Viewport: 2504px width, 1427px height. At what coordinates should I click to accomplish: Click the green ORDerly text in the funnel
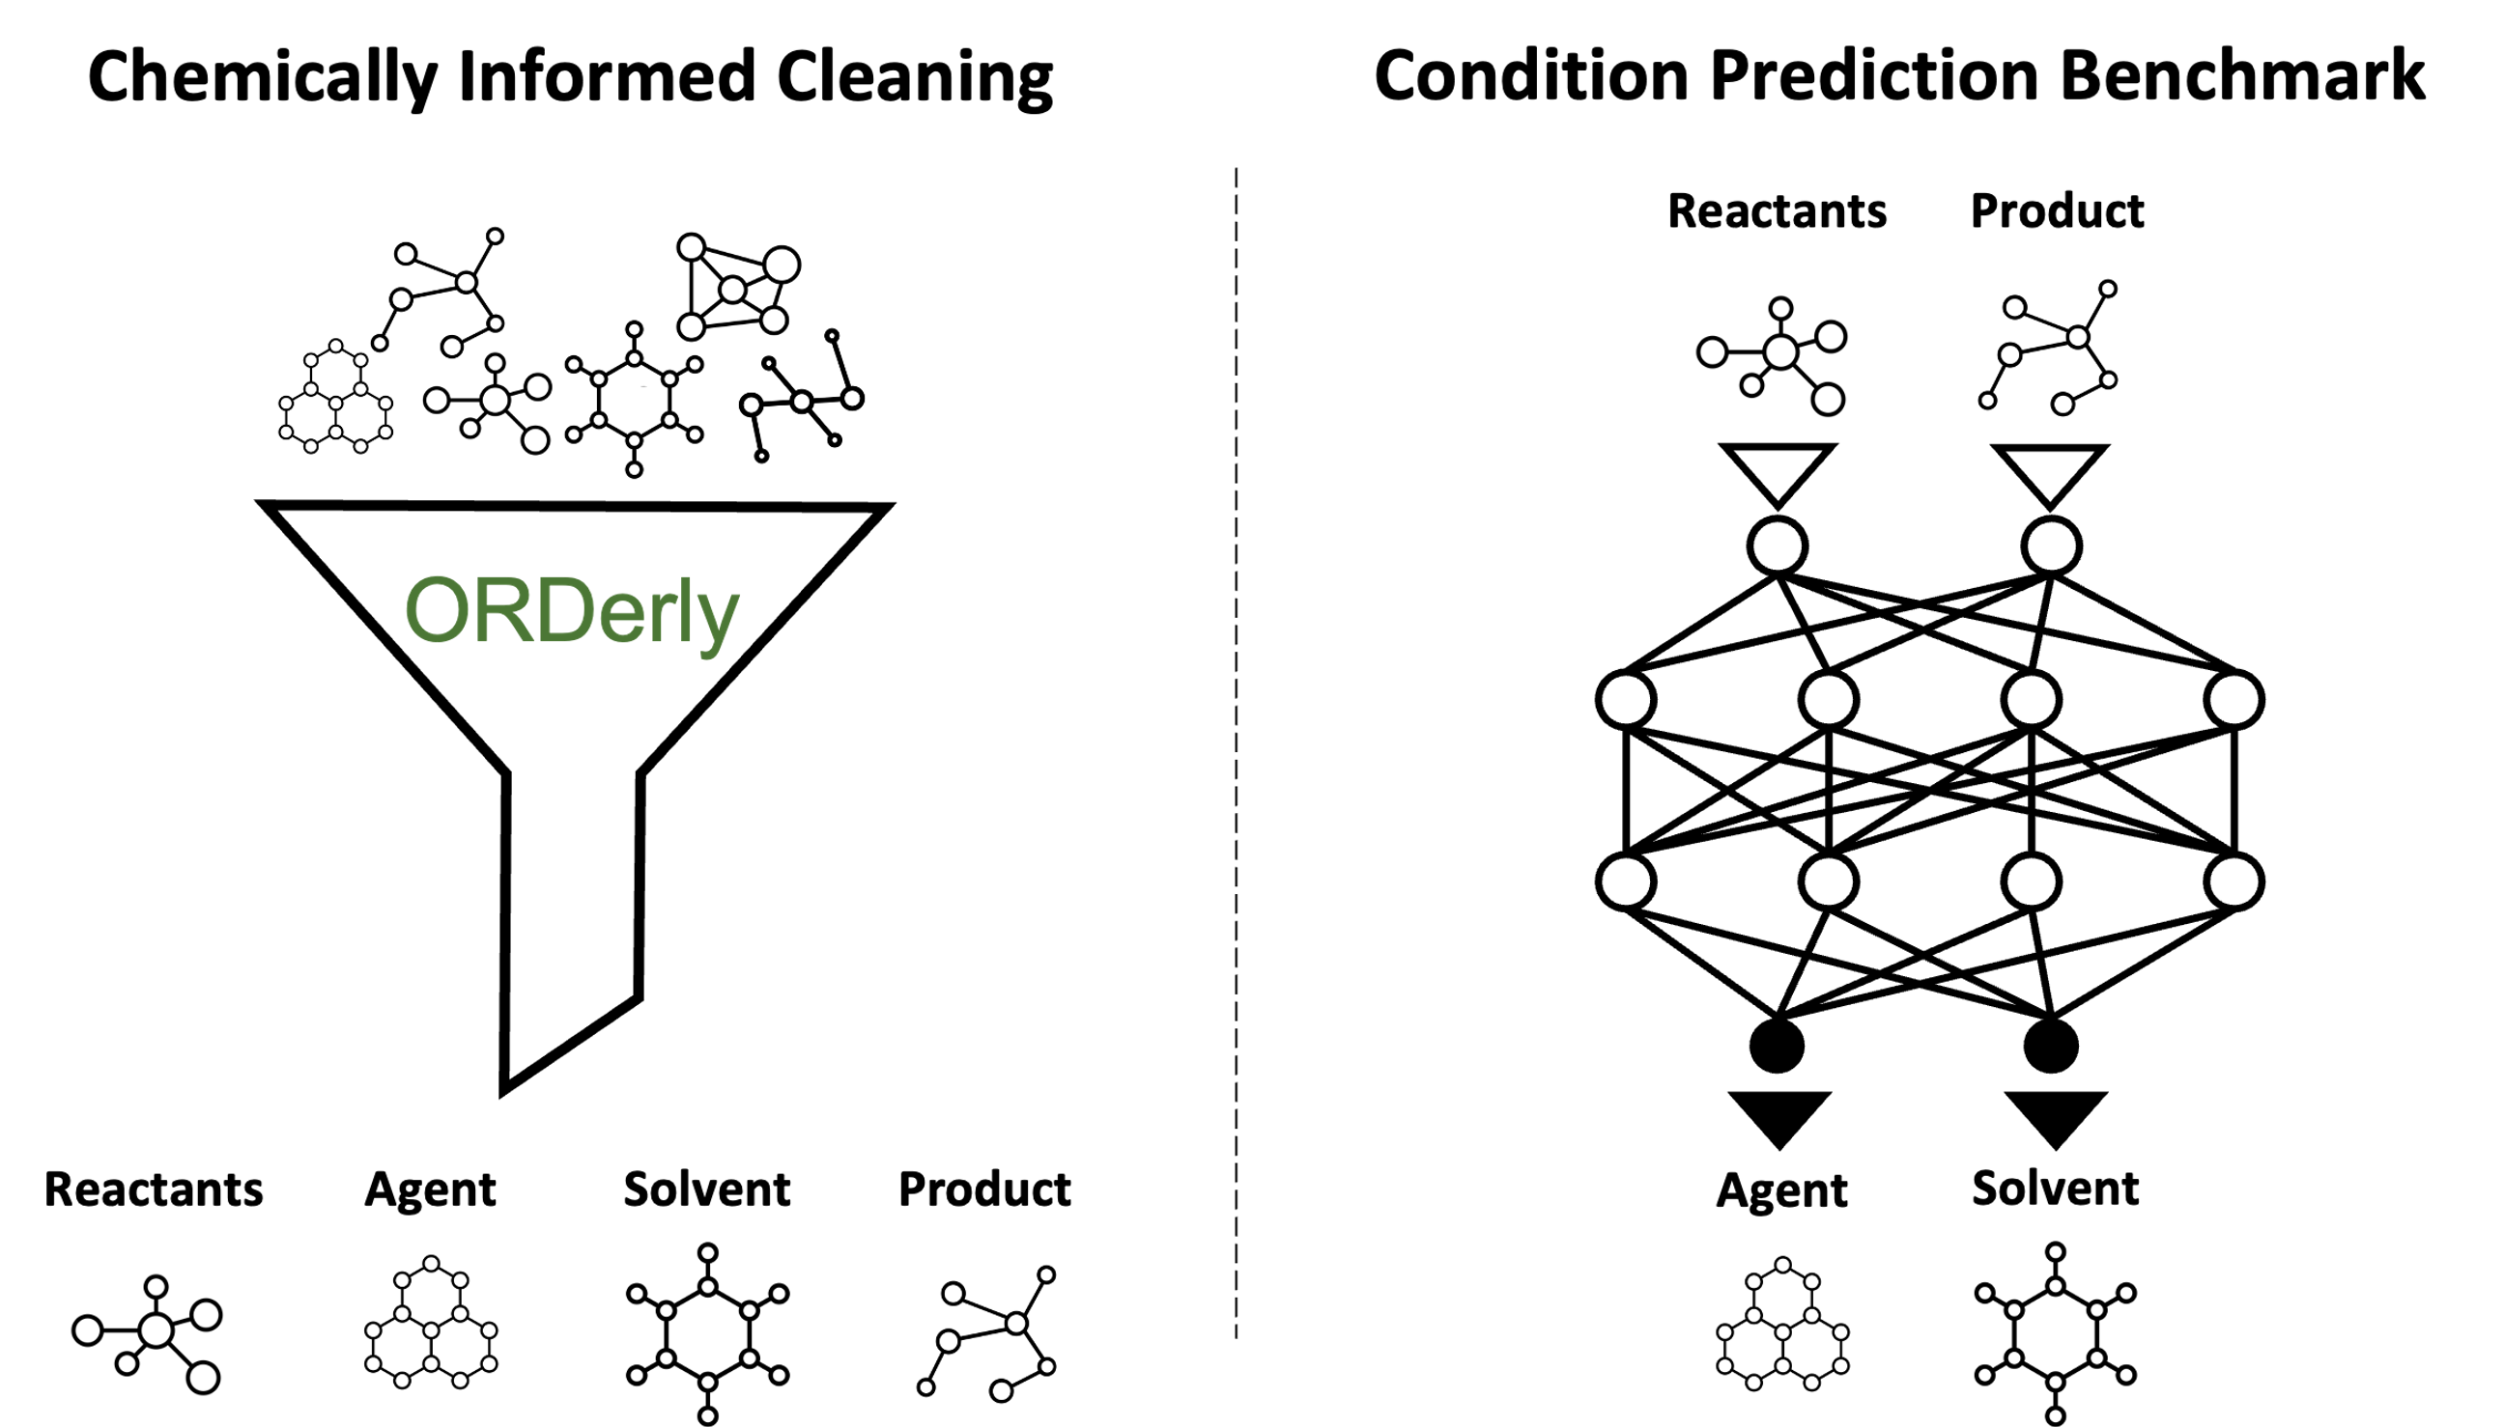point(572,610)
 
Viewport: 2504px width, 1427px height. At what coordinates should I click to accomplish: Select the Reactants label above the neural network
point(1777,210)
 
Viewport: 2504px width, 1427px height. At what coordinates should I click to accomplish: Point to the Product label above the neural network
point(2057,210)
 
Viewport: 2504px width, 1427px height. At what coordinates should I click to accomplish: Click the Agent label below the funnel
point(431,1189)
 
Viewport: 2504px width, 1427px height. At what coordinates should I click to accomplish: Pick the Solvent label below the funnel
point(707,1189)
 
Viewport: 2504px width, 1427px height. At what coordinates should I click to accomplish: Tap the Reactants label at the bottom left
point(154,1189)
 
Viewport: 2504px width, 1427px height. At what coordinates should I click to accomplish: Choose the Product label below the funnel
point(984,1189)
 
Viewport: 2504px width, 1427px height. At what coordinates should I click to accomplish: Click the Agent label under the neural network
point(1781,1189)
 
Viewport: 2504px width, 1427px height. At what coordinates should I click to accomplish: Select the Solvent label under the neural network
point(2055,1188)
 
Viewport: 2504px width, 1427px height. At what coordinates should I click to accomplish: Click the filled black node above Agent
point(1777,1045)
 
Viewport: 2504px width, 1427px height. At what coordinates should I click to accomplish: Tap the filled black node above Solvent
point(2050,1045)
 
